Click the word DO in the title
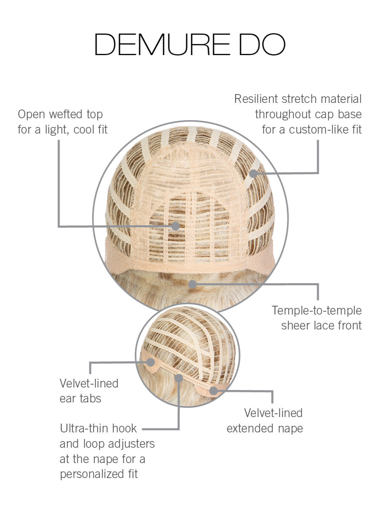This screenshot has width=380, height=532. click(x=261, y=45)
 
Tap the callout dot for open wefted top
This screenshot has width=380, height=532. click(x=175, y=226)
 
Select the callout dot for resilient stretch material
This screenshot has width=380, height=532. click(x=253, y=173)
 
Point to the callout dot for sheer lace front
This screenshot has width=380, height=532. click(x=193, y=284)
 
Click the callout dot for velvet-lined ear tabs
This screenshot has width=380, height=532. click(x=150, y=362)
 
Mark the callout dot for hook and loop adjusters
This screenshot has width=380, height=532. click(x=179, y=378)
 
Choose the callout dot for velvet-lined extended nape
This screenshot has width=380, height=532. click(x=214, y=391)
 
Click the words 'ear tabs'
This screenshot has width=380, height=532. click(x=80, y=398)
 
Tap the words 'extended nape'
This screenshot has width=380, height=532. click(x=264, y=428)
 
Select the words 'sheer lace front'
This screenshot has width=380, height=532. click(x=321, y=325)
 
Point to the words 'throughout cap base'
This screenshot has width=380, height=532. click(x=308, y=114)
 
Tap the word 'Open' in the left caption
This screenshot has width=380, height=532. click(x=31, y=114)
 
